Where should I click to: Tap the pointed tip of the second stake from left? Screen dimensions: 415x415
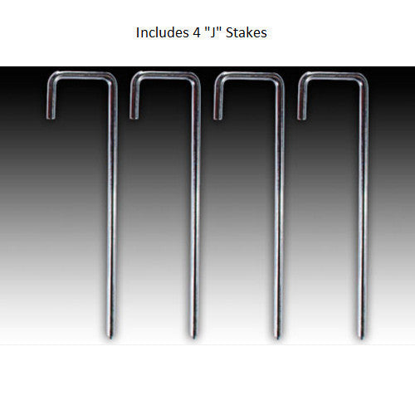coord(196,335)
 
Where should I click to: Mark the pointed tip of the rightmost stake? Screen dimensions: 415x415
coord(362,335)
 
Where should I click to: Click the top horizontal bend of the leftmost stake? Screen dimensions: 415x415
coord(81,77)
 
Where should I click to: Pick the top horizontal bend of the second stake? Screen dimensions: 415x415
coord(164,77)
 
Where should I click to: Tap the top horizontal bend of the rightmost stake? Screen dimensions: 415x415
coord(332,77)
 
